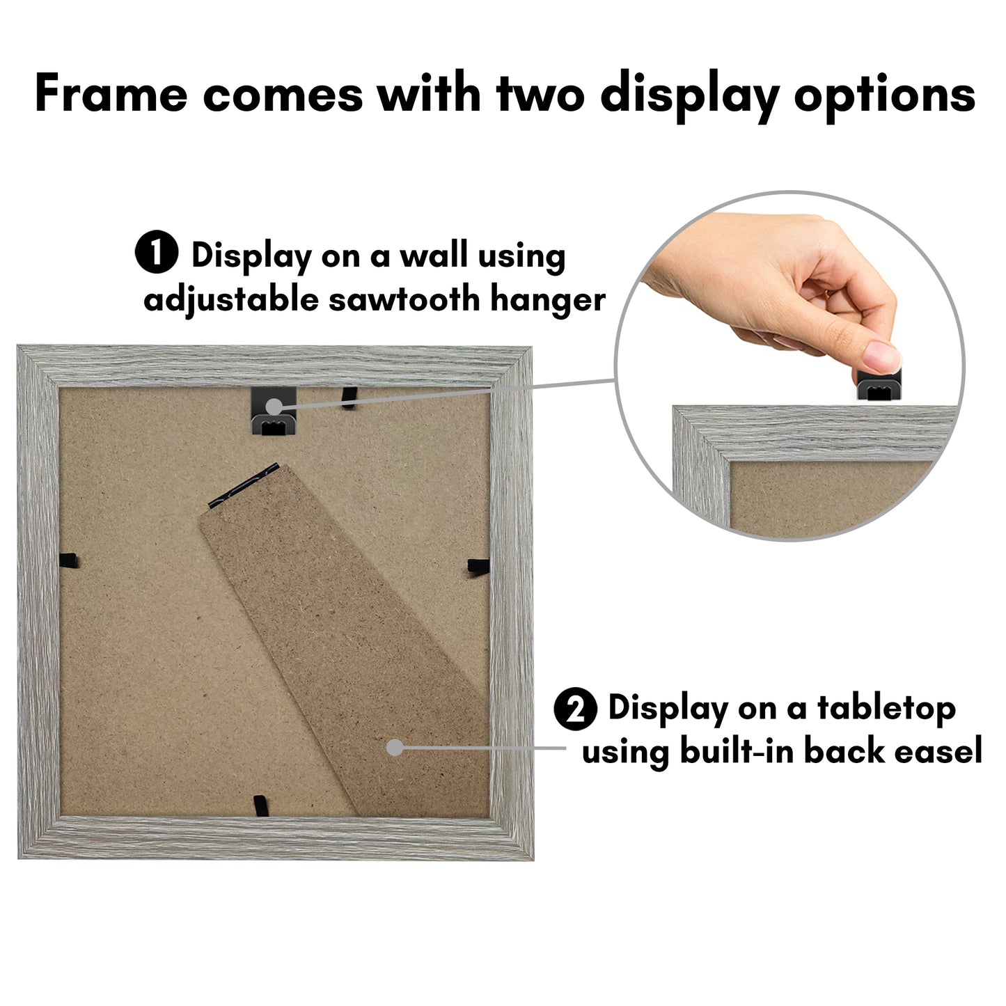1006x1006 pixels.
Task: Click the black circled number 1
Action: [157, 252]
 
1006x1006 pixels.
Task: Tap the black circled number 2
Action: [575, 709]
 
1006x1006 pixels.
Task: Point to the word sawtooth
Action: [404, 299]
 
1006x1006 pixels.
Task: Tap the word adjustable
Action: [230, 301]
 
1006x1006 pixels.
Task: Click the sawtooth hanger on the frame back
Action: [274, 410]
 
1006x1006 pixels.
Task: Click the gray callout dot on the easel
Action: [395, 747]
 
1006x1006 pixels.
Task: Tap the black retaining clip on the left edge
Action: [69, 562]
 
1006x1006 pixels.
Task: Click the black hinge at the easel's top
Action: [244, 485]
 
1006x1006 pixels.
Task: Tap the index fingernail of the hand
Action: [882, 356]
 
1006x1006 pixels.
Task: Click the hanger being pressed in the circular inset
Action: [878, 385]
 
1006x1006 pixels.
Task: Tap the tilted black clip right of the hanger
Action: [349, 398]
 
